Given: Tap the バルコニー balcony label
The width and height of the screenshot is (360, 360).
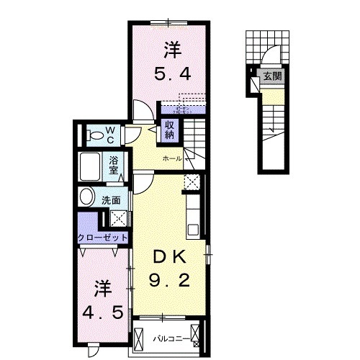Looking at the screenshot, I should pos(170,337).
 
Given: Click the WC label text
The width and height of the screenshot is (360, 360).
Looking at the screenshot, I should pos(112,134).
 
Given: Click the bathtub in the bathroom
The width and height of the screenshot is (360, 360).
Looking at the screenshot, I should pos(91,167).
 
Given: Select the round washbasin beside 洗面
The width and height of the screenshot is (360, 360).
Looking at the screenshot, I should pos(86,197).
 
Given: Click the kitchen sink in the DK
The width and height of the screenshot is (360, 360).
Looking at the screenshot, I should pos(193,230).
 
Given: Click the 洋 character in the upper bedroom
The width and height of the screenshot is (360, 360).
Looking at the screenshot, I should pos(171,50).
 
